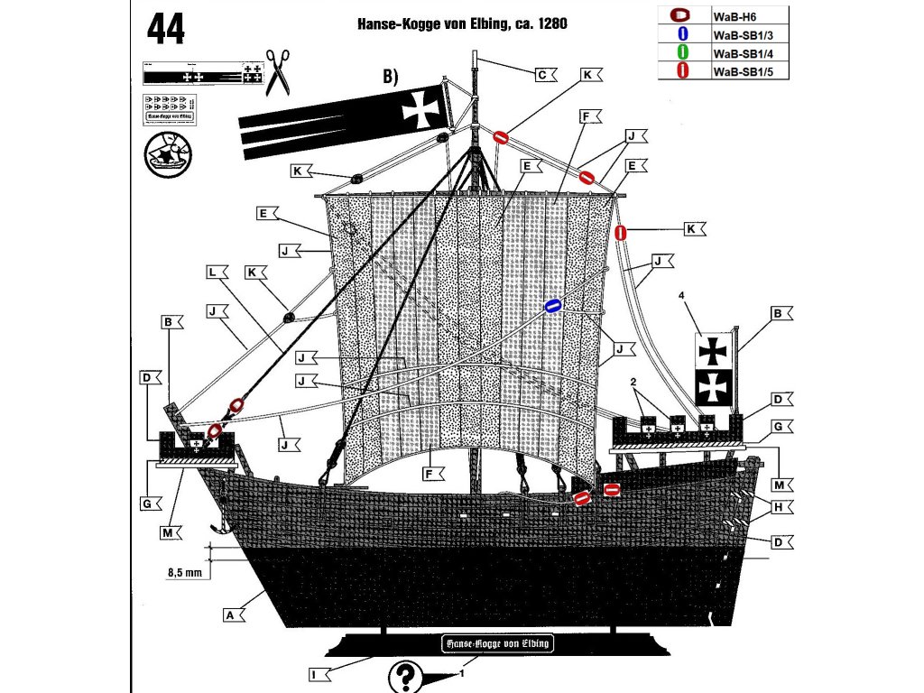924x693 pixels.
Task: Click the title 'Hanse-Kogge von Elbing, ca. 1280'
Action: (x=462, y=25)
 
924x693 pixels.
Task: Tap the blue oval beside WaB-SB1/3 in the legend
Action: (x=682, y=33)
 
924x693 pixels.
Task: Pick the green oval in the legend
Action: (x=682, y=52)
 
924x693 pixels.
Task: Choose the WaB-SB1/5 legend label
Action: (x=738, y=70)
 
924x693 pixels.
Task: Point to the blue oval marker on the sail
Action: (x=552, y=306)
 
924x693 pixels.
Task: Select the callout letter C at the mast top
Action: (x=541, y=75)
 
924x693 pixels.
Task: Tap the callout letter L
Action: (x=212, y=272)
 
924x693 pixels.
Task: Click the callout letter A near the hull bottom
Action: (x=229, y=614)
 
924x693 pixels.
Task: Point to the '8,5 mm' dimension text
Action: (x=184, y=571)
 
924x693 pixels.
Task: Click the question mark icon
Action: (x=406, y=675)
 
